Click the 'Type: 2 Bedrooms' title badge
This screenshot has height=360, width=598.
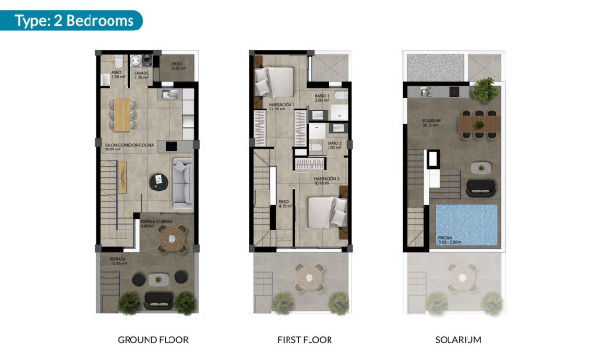(71, 20)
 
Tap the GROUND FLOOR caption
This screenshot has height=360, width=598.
(152, 339)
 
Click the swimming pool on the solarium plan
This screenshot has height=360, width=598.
(467, 226)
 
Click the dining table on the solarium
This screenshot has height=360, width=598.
(473, 124)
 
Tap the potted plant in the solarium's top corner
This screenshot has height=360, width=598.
(486, 89)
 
